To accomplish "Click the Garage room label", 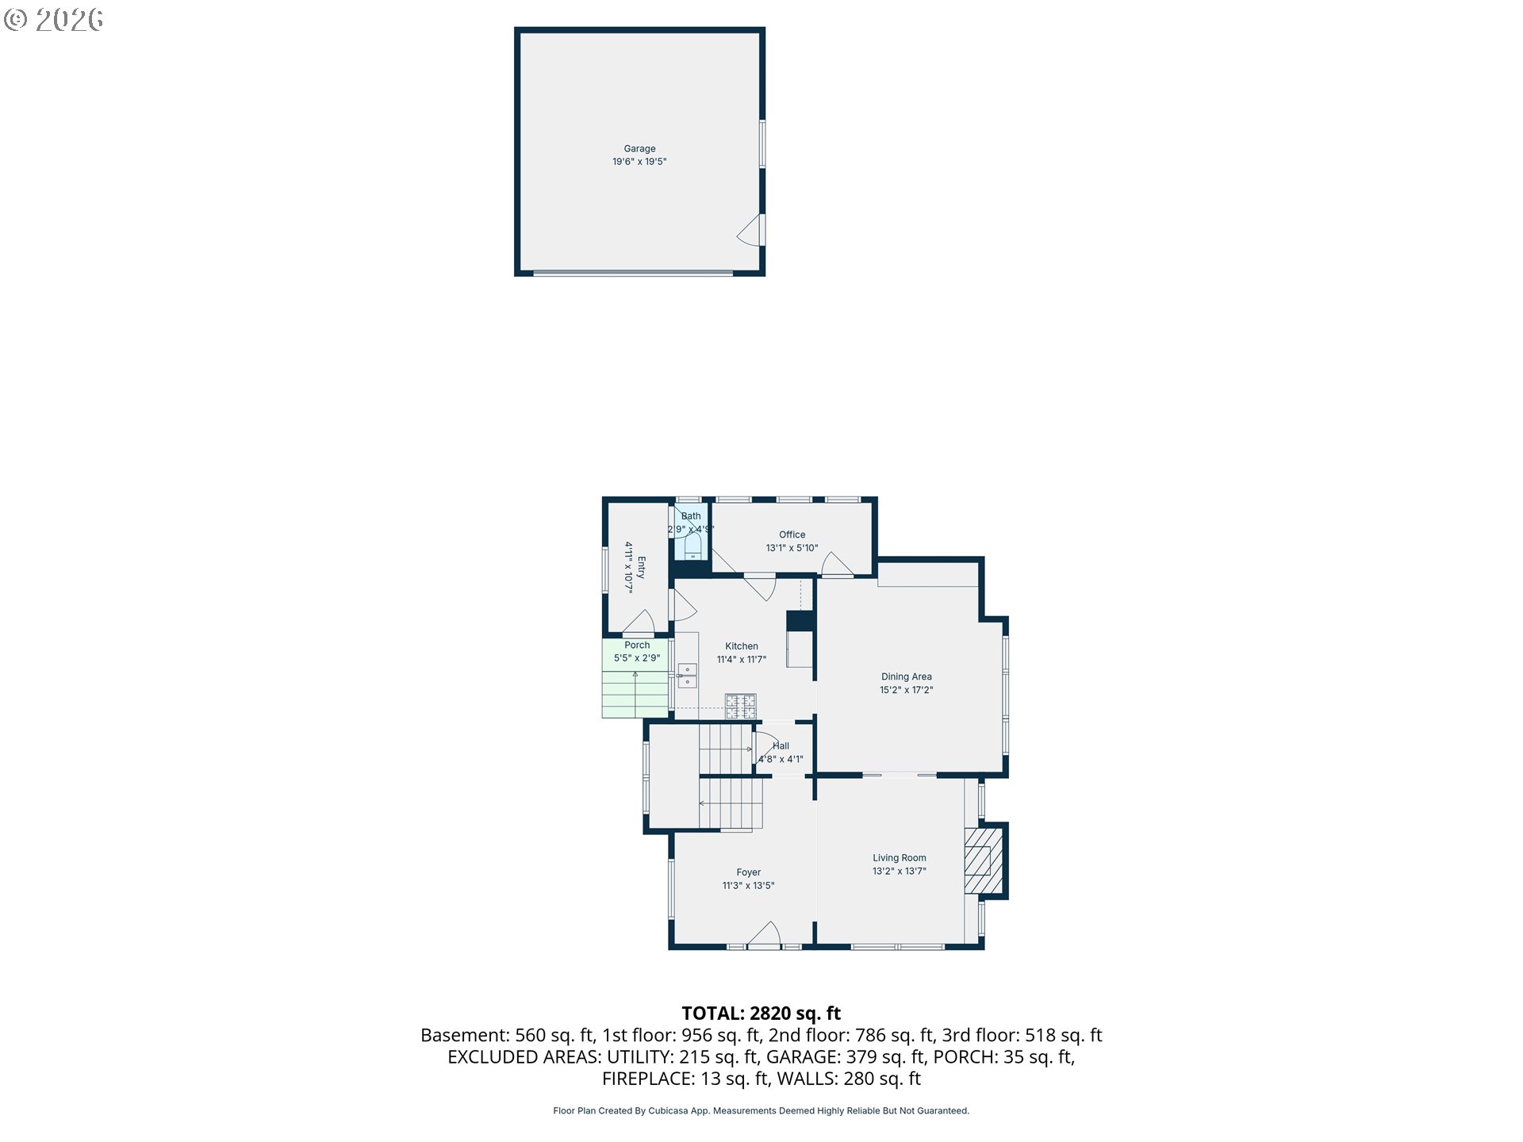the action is coord(639,148).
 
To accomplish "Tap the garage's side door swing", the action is coord(749,230).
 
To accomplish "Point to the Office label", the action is coord(792,535).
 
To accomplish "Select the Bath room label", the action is coord(691,516).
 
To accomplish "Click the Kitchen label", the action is coord(742,646).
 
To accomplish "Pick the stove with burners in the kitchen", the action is coord(741,706).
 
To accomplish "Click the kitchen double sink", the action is coord(687,676).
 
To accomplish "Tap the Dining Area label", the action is coord(906,676).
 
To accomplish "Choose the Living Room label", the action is coord(900,857).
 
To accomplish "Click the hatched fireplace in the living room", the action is coord(984,861).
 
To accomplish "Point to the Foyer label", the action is coord(748,872).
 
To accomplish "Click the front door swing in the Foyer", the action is coord(765,933).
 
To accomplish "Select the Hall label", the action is coord(781,746).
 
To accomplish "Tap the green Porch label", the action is coord(637,646).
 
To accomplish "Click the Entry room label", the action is coord(641,567).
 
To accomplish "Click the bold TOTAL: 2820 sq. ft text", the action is coord(761,1013).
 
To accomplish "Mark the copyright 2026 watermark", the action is coord(54,20).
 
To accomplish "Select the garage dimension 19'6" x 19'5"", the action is coord(639,162).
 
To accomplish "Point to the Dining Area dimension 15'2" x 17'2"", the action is coord(906,690).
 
